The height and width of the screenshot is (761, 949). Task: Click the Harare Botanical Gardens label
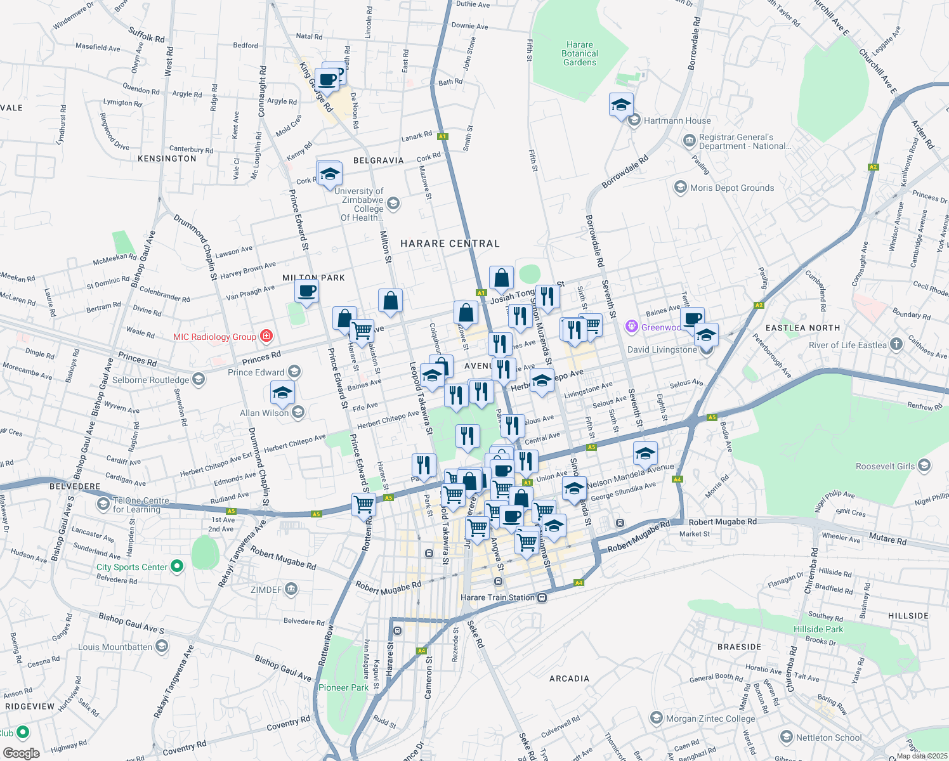click(580, 54)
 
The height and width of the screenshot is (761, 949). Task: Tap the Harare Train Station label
click(498, 597)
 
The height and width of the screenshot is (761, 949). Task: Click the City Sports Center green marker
click(177, 566)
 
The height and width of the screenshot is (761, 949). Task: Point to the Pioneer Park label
click(343, 687)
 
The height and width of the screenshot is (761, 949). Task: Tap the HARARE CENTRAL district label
click(450, 244)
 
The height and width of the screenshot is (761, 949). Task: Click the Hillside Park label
click(818, 629)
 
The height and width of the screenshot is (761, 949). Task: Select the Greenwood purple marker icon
click(631, 327)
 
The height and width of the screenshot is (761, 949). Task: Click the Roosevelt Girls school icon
click(924, 466)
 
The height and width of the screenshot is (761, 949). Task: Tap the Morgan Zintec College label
click(710, 719)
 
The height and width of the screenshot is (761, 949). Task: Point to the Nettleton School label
click(828, 738)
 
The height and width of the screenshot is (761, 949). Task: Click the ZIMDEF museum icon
click(291, 590)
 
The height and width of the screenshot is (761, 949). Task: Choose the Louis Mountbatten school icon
click(162, 646)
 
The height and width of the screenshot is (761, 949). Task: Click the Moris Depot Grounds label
click(732, 188)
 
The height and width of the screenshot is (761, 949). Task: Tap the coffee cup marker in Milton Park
click(307, 292)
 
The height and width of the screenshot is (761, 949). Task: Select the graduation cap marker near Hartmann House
click(621, 105)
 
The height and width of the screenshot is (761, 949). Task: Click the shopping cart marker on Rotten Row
click(363, 505)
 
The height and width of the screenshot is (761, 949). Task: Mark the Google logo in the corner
click(21, 753)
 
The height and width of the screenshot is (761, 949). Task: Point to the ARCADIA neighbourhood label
click(569, 679)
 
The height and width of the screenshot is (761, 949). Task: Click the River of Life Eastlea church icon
click(896, 344)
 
